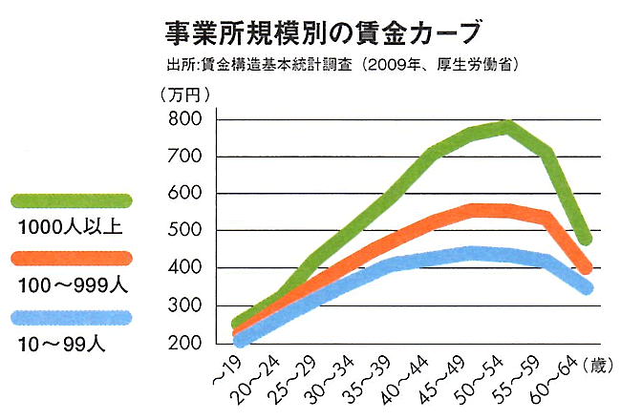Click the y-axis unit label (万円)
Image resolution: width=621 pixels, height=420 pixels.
tap(184, 94)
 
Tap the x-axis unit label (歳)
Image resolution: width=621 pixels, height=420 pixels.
tap(594, 363)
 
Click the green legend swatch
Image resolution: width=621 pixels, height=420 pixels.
tap(71, 200)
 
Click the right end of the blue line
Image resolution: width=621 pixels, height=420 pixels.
tap(585, 287)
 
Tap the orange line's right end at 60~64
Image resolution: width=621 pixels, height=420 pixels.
tap(585, 267)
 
